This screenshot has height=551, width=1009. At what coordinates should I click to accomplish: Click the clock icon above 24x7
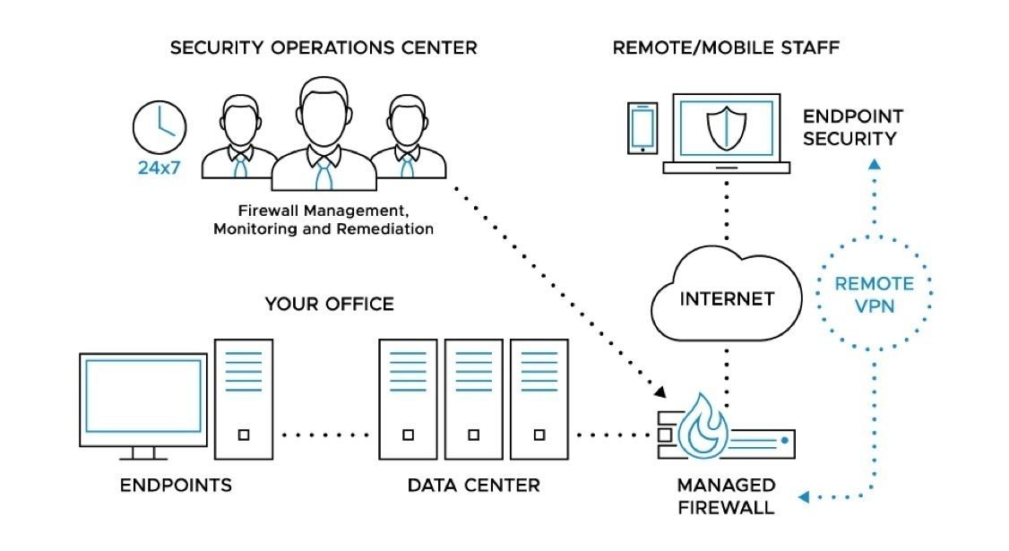click(160, 125)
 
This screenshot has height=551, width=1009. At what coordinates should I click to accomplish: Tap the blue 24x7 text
click(160, 167)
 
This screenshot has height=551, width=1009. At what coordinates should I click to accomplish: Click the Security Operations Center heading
click(323, 47)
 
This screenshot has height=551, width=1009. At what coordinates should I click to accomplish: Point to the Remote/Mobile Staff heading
click(726, 47)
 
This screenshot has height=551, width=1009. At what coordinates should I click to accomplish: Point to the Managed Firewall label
click(726, 496)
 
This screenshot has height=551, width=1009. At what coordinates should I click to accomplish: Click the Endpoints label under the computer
click(177, 486)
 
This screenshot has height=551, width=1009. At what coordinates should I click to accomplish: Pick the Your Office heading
click(329, 305)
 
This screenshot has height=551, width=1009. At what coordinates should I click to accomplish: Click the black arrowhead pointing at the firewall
click(660, 392)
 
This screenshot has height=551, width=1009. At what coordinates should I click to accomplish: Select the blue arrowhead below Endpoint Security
click(875, 164)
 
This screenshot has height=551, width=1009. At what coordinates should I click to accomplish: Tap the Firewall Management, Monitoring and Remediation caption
click(323, 220)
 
